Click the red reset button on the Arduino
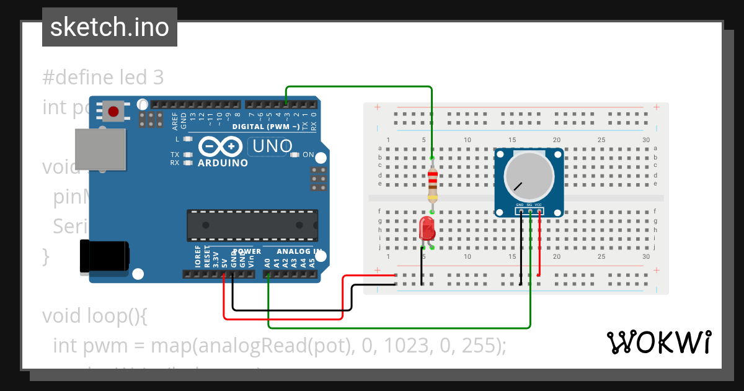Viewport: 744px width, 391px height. click(113, 112)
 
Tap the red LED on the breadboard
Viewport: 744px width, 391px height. click(427, 228)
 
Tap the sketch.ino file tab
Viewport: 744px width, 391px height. click(110, 27)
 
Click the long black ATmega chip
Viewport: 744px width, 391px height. click(252, 225)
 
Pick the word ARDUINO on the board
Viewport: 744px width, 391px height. click(223, 163)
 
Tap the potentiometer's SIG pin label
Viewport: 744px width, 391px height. click(529, 204)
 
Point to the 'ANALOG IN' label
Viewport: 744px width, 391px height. click(299, 251)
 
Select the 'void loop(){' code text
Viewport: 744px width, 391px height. click(94, 316)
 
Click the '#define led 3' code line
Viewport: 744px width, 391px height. click(103, 78)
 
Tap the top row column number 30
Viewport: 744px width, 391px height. click(646, 140)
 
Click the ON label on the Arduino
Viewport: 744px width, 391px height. click(308, 155)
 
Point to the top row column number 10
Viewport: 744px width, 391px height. click(467, 140)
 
